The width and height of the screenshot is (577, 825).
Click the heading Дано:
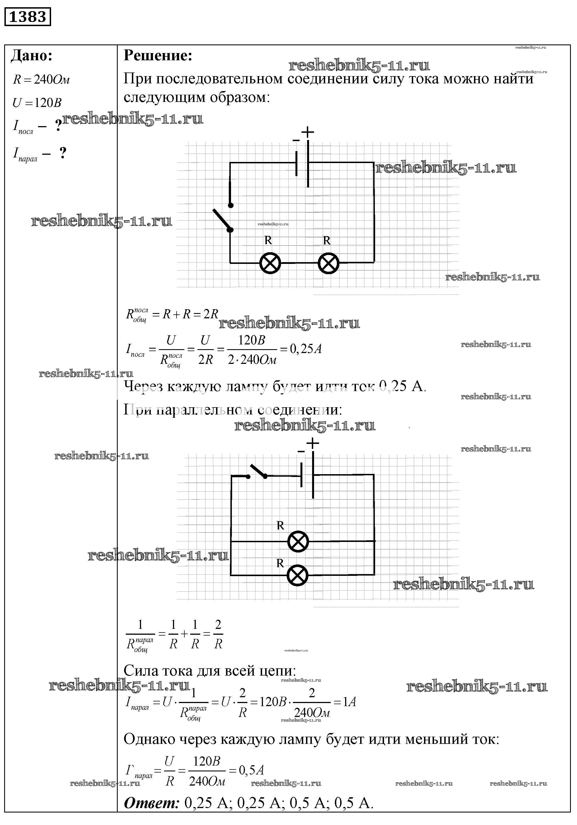(32, 56)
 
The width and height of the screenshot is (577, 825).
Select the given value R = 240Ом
(41, 79)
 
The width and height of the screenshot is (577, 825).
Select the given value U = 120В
(37, 103)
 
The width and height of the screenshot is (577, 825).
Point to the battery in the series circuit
(302, 164)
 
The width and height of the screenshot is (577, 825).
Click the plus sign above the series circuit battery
(308, 132)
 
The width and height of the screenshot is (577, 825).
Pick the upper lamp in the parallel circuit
(298, 541)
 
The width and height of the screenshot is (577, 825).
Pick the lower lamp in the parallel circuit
(297, 575)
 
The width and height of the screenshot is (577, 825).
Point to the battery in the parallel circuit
(307, 475)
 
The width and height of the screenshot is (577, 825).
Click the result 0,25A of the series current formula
(305, 349)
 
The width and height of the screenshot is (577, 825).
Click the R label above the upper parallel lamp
(280, 525)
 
